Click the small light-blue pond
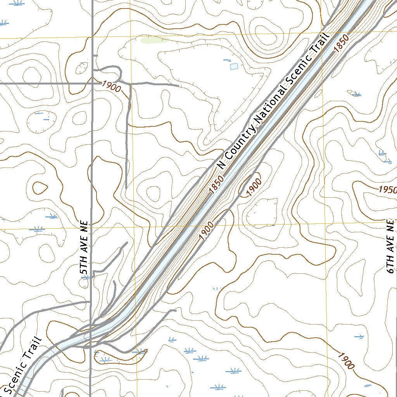click(x=234, y=67)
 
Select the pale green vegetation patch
click(x=154, y=40)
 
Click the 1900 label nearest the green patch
click(x=112, y=86)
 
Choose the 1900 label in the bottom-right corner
click(x=345, y=361)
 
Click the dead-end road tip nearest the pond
click(x=178, y=85)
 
